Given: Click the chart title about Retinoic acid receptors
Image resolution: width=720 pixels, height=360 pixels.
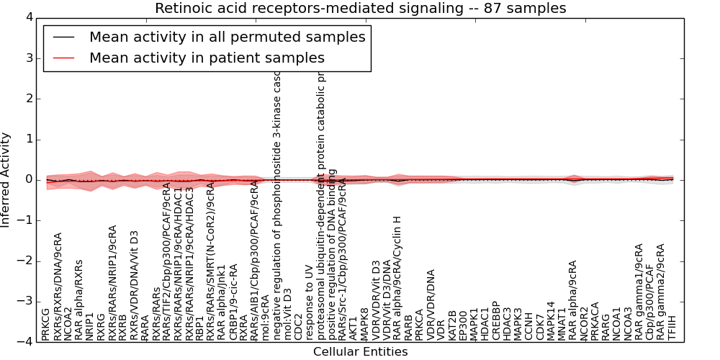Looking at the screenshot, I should pyautogui.click(x=360, y=9).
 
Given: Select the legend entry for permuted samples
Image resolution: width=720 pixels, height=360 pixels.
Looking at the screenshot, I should pyautogui.click(x=227, y=37).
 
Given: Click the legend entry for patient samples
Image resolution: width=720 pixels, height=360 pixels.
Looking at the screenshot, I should pyautogui.click(x=207, y=58).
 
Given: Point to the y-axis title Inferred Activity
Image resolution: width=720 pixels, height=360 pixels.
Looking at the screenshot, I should pyautogui.click(x=6, y=179).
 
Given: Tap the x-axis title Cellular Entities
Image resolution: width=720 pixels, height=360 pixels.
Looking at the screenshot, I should pyautogui.click(x=360, y=351).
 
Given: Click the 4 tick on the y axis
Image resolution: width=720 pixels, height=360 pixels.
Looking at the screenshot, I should pyautogui.click(x=29, y=17).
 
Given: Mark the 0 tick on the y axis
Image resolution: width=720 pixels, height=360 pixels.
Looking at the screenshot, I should pyautogui.click(x=29, y=179).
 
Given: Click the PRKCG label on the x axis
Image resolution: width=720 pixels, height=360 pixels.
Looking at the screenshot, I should pyautogui.click(x=46, y=324).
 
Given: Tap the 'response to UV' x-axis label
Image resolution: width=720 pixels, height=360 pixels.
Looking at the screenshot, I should pyautogui.click(x=310, y=305).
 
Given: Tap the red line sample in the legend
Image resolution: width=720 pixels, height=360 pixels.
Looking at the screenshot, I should pyautogui.click(x=63, y=58).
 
